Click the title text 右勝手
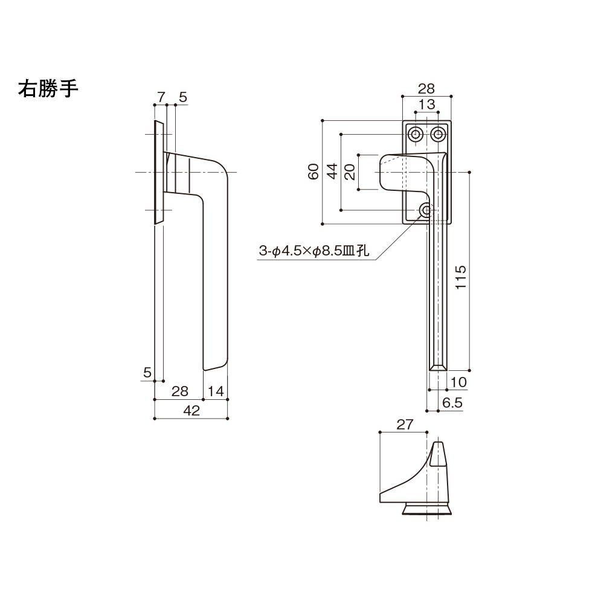point(48,89)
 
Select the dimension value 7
point(161,97)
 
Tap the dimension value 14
point(216,391)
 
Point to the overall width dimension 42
point(191,411)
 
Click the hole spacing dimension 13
point(426,104)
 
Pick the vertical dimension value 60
point(313,172)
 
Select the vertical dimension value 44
point(332,172)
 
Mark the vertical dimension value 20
point(350,172)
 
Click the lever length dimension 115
point(461,278)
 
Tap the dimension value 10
point(458,382)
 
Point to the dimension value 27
point(405,425)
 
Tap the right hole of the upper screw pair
point(439,134)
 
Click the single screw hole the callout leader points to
point(426,210)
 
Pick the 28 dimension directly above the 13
point(426,88)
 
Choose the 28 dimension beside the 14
point(179,391)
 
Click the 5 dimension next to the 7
point(183,97)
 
